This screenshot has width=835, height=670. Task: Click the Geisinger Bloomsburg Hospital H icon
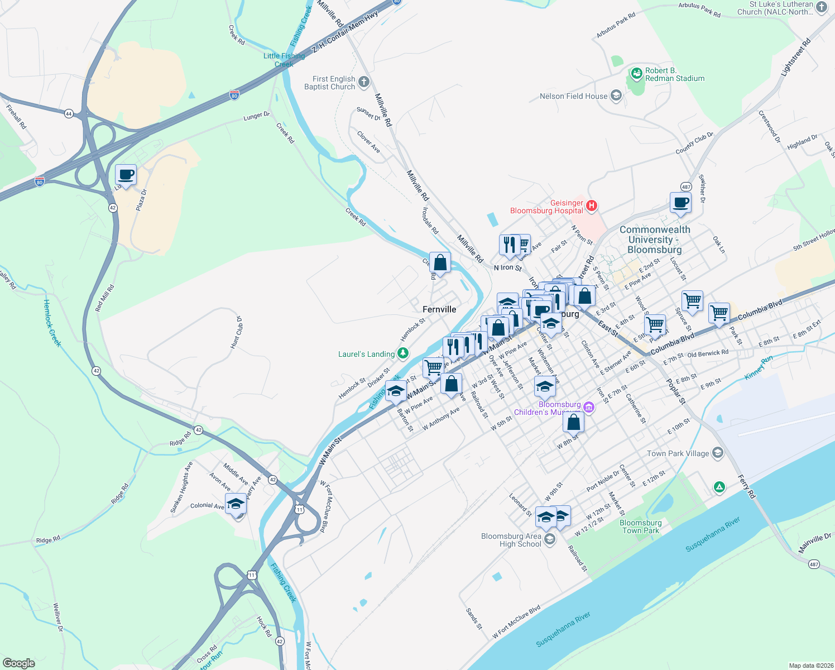(x=592, y=206)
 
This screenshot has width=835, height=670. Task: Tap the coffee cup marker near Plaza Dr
(x=126, y=175)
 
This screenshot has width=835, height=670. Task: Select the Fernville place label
(x=439, y=309)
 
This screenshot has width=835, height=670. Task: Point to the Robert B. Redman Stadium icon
(x=636, y=74)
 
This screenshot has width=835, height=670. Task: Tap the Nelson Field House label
(x=573, y=96)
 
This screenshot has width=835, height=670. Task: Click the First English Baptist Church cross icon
(x=364, y=83)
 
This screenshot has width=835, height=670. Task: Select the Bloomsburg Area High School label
(x=511, y=540)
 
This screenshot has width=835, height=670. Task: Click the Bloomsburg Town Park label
(x=641, y=527)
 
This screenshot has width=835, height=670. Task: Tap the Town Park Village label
(x=678, y=453)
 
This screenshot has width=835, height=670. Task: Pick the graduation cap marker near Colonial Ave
(x=236, y=505)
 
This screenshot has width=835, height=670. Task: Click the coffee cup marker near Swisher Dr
(x=680, y=203)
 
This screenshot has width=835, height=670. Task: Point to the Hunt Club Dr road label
(x=237, y=333)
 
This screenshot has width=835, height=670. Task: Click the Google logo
(x=19, y=663)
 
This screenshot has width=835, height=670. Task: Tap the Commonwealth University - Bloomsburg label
(x=655, y=240)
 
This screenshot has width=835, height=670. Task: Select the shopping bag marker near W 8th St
(x=573, y=423)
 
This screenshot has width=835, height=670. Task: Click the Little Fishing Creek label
(x=284, y=60)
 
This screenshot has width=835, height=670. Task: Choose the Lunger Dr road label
(x=257, y=116)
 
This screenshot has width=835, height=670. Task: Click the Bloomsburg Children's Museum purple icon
(x=589, y=408)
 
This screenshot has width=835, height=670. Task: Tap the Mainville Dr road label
(x=815, y=543)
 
